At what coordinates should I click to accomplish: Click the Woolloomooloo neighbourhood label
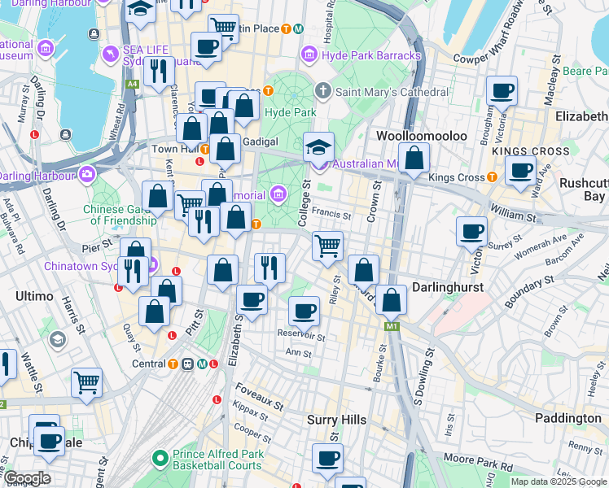coord(421,135)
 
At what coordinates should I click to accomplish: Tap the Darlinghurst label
coord(448,287)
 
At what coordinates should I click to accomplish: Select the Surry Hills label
coord(336,420)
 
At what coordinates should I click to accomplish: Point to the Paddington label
coord(567,417)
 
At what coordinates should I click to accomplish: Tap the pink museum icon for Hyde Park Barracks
coord(309,55)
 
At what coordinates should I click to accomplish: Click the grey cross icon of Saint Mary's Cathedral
coord(323,91)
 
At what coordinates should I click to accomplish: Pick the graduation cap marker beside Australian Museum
coord(319,146)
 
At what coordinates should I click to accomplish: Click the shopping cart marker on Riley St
coord(328,245)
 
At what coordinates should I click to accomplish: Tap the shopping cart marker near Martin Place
coord(223,28)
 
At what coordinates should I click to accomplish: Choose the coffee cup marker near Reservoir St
coord(304,310)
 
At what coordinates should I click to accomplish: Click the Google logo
coord(27,478)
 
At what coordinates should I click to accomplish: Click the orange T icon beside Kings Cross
coord(492,177)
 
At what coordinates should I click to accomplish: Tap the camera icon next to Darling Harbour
coord(87,174)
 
